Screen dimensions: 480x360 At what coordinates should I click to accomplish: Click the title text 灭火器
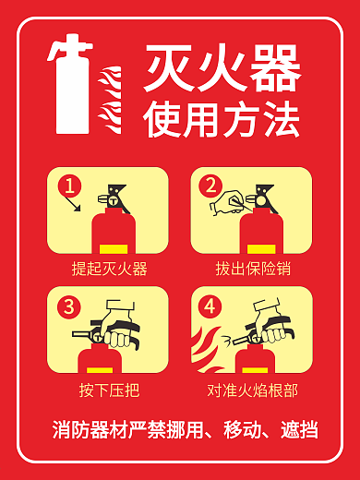click(x=222, y=69)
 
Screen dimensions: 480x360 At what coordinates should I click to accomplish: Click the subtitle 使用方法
click(x=222, y=119)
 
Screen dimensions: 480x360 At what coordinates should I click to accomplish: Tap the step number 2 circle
click(x=211, y=186)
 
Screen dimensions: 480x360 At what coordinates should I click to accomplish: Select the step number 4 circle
click(x=211, y=306)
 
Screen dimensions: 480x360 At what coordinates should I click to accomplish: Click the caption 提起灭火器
click(x=109, y=270)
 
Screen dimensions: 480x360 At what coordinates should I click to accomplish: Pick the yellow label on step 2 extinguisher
click(x=260, y=247)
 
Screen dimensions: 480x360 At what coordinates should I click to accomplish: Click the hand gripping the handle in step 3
click(x=119, y=330)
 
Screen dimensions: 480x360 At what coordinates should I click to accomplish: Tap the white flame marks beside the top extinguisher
click(x=110, y=97)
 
